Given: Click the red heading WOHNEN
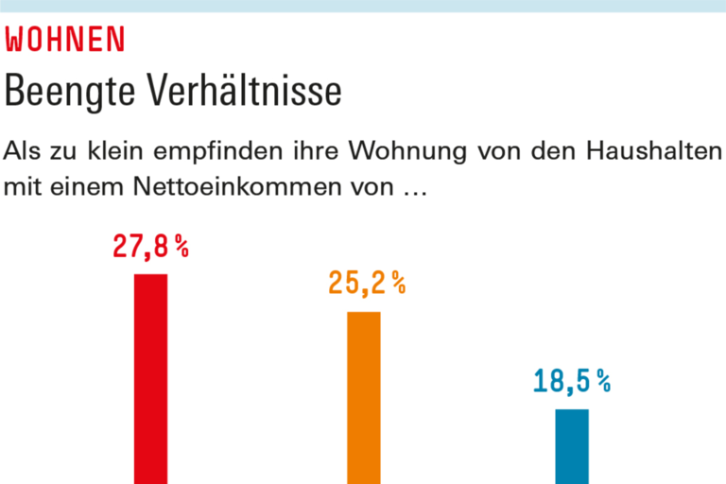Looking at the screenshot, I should (65, 40).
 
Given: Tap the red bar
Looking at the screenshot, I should (150, 378).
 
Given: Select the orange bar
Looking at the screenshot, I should (364, 397).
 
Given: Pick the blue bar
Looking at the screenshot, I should (571, 445).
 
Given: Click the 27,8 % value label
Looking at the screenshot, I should (150, 248).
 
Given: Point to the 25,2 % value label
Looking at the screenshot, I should (367, 283).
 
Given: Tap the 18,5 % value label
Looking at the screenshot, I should (571, 382).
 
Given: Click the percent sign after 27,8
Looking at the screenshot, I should (181, 248).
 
